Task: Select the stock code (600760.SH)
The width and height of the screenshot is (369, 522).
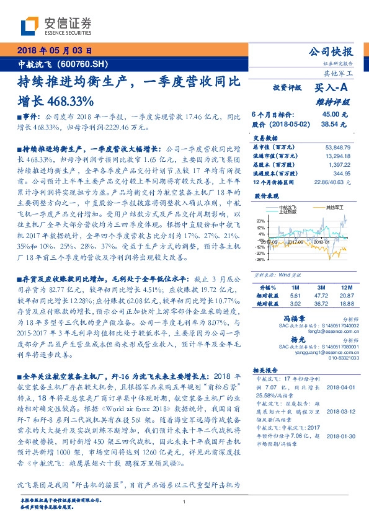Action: (82, 64)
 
